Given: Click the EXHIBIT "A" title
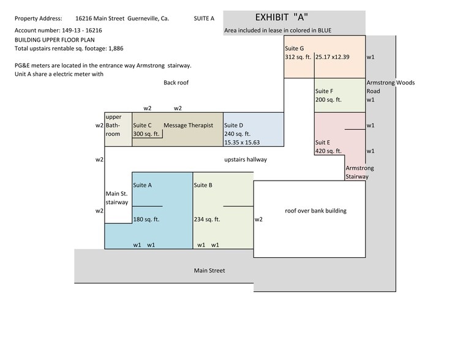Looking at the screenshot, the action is (x=282, y=17).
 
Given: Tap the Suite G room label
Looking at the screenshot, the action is (x=294, y=48).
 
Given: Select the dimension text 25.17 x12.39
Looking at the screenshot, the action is (x=333, y=57).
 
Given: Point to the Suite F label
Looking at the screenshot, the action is (x=324, y=91).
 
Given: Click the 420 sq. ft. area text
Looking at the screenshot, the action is (x=328, y=151).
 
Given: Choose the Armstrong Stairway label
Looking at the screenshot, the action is (x=359, y=172).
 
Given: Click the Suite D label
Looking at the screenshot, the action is (x=233, y=126).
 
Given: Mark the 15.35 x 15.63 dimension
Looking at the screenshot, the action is (x=242, y=143).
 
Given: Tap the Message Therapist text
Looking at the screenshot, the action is (x=188, y=126).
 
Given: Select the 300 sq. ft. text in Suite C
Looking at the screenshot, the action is (x=146, y=134).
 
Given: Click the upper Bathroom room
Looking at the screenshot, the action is (x=118, y=130).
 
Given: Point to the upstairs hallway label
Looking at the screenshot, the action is (x=246, y=160).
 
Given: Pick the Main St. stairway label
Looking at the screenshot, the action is (x=117, y=198).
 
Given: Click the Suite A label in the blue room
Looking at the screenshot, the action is (x=142, y=185).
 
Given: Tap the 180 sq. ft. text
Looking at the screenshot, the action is (x=146, y=219).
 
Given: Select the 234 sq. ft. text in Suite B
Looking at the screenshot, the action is (x=207, y=219).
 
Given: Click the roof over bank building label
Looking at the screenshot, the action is (x=315, y=211).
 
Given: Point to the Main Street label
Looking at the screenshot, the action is (x=209, y=271).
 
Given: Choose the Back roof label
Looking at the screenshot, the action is (x=176, y=83).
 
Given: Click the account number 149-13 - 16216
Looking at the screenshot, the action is (x=82, y=30).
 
